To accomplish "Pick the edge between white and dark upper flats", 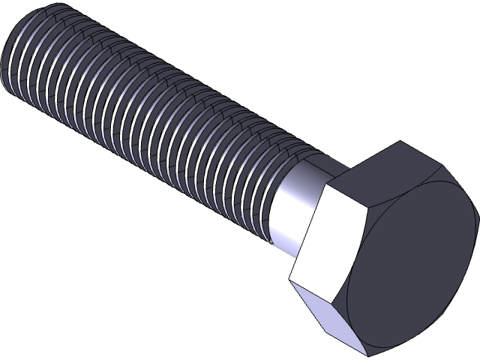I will (344, 195).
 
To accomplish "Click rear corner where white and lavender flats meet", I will (289, 282).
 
